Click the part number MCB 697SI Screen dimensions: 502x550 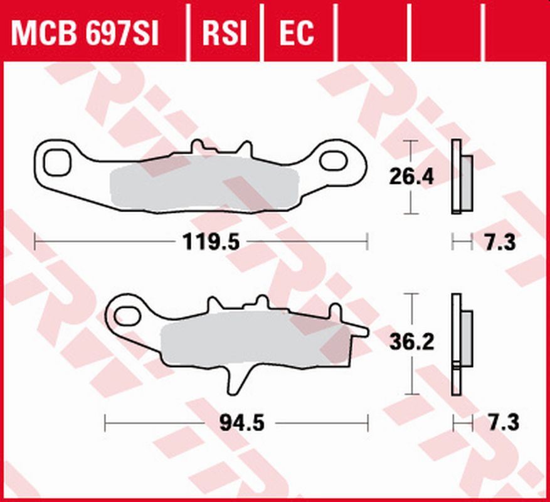coord(85,33)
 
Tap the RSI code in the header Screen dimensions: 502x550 coord(225,33)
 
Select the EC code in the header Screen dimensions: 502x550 coord(296,33)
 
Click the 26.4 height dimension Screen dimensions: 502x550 coord(411,178)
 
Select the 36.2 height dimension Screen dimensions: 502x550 coord(411,343)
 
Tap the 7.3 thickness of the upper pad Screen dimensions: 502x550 coord(500,242)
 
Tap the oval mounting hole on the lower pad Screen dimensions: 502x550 coord(130,313)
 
